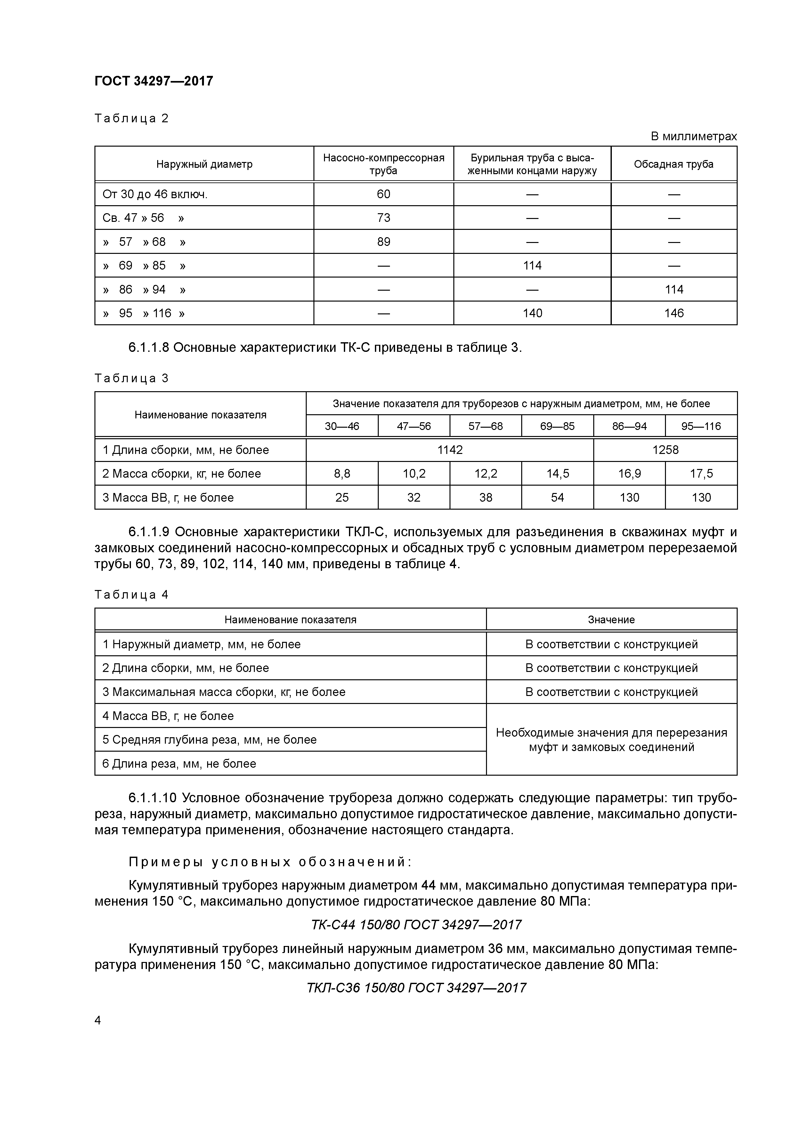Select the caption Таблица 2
[x=131, y=118]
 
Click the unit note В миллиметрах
[x=693, y=136]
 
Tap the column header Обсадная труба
[x=673, y=164]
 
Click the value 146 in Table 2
[x=673, y=313]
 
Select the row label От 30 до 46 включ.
[x=155, y=194]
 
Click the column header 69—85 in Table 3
[x=557, y=426]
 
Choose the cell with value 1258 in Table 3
[x=665, y=450]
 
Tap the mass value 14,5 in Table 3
[x=557, y=473]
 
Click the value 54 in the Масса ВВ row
[x=557, y=497]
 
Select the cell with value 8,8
[x=342, y=473]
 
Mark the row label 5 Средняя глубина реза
[x=209, y=739]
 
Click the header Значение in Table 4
[x=611, y=620]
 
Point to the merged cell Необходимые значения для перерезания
[x=611, y=739]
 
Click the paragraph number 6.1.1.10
[x=152, y=798]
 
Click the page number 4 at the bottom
[x=98, y=1020]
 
